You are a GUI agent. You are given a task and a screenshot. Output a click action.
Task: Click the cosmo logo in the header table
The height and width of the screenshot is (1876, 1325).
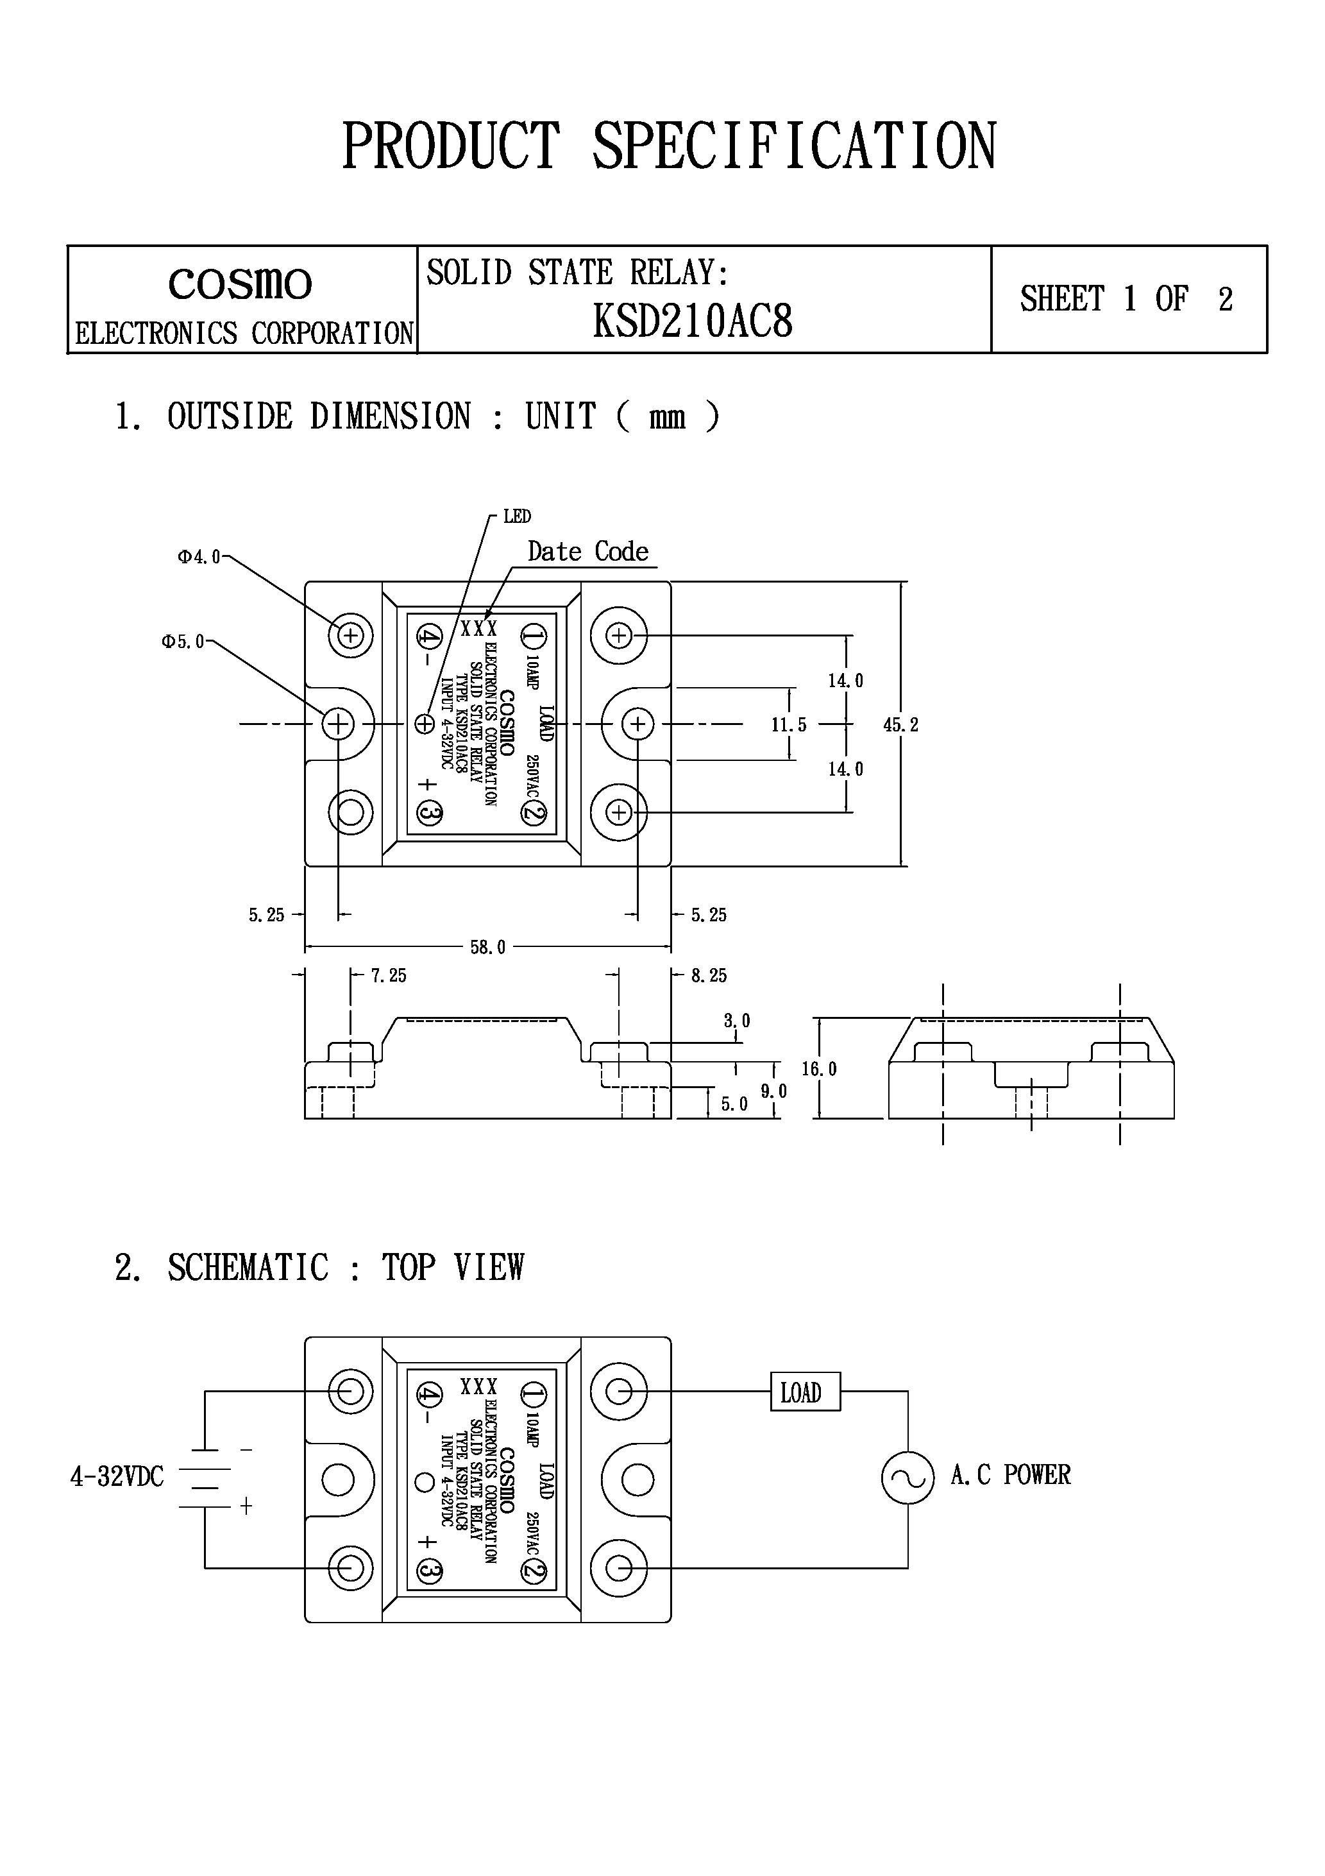pos(240,284)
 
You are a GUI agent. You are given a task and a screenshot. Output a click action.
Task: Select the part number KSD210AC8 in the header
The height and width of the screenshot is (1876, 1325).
pos(692,321)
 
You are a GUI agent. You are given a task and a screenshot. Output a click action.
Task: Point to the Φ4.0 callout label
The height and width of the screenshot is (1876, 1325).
pos(199,558)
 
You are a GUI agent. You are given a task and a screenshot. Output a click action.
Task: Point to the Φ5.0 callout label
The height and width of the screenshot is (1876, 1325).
pos(182,642)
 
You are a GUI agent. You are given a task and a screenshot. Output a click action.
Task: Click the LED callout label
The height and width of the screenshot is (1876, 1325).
pos(516,516)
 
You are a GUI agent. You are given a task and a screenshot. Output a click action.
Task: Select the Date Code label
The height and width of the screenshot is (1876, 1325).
pos(587,552)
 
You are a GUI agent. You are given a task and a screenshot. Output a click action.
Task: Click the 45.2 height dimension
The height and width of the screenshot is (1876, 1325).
pos(900,725)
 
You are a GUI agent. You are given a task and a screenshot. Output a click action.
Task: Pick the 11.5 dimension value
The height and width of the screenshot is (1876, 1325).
pos(788,725)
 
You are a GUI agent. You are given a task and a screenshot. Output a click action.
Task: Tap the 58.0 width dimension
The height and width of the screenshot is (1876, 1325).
pos(487,947)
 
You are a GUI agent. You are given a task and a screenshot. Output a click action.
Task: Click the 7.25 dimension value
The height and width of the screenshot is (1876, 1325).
pos(388,975)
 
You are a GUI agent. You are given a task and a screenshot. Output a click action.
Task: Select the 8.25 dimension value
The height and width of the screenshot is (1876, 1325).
pos(708,975)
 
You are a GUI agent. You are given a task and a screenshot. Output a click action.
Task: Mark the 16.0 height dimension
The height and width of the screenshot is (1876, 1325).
pos(818,1069)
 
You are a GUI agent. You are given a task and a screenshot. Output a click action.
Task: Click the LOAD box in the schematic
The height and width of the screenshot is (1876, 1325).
pos(805,1392)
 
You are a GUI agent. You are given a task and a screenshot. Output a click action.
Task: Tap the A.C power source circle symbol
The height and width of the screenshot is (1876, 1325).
pos(907,1478)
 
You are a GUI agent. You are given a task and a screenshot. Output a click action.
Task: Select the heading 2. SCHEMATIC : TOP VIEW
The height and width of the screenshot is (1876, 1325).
pos(319,1267)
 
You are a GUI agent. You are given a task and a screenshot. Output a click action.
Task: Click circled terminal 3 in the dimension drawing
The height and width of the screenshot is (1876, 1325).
pos(429,813)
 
